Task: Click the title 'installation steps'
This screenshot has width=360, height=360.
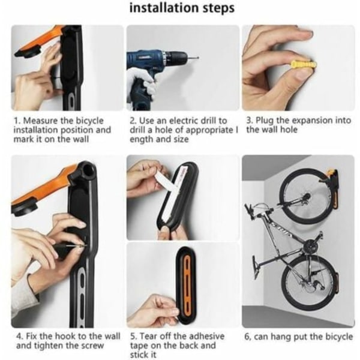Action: coord(182,8)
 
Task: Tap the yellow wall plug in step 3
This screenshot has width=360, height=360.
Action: coord(304,65)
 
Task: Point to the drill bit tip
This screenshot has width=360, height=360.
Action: coord(197,58)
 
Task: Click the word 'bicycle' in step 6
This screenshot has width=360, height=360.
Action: coord(339,337)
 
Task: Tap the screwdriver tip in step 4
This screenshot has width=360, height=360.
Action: coord(85,246)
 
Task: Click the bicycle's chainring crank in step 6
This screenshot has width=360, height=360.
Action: coord(310,245)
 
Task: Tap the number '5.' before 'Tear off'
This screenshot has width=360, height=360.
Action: coord(134,337)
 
